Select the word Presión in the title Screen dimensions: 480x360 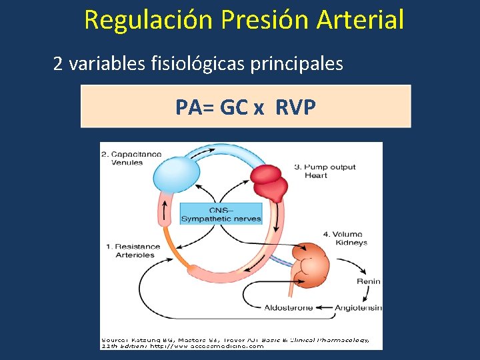click(x=272, y=20)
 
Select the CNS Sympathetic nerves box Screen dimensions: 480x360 click(x=221, y=213)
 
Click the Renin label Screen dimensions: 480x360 click(x=368, y=281)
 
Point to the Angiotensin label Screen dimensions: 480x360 click(x=359, y=307)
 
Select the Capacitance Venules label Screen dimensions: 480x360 click(x=131, y=158)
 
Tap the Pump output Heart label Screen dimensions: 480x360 click(x=325, y=171)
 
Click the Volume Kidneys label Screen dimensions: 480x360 click(x=345, y=239)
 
